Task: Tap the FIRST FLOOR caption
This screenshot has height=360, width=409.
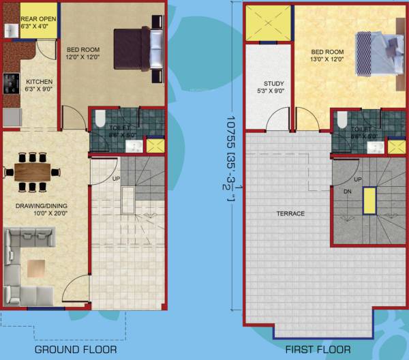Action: pos(318,350)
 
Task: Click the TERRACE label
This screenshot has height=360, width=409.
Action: pos(290,213)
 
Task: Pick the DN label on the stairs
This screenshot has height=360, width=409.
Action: pos(347,192)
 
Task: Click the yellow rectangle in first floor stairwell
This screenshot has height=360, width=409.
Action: pos(369,202)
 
